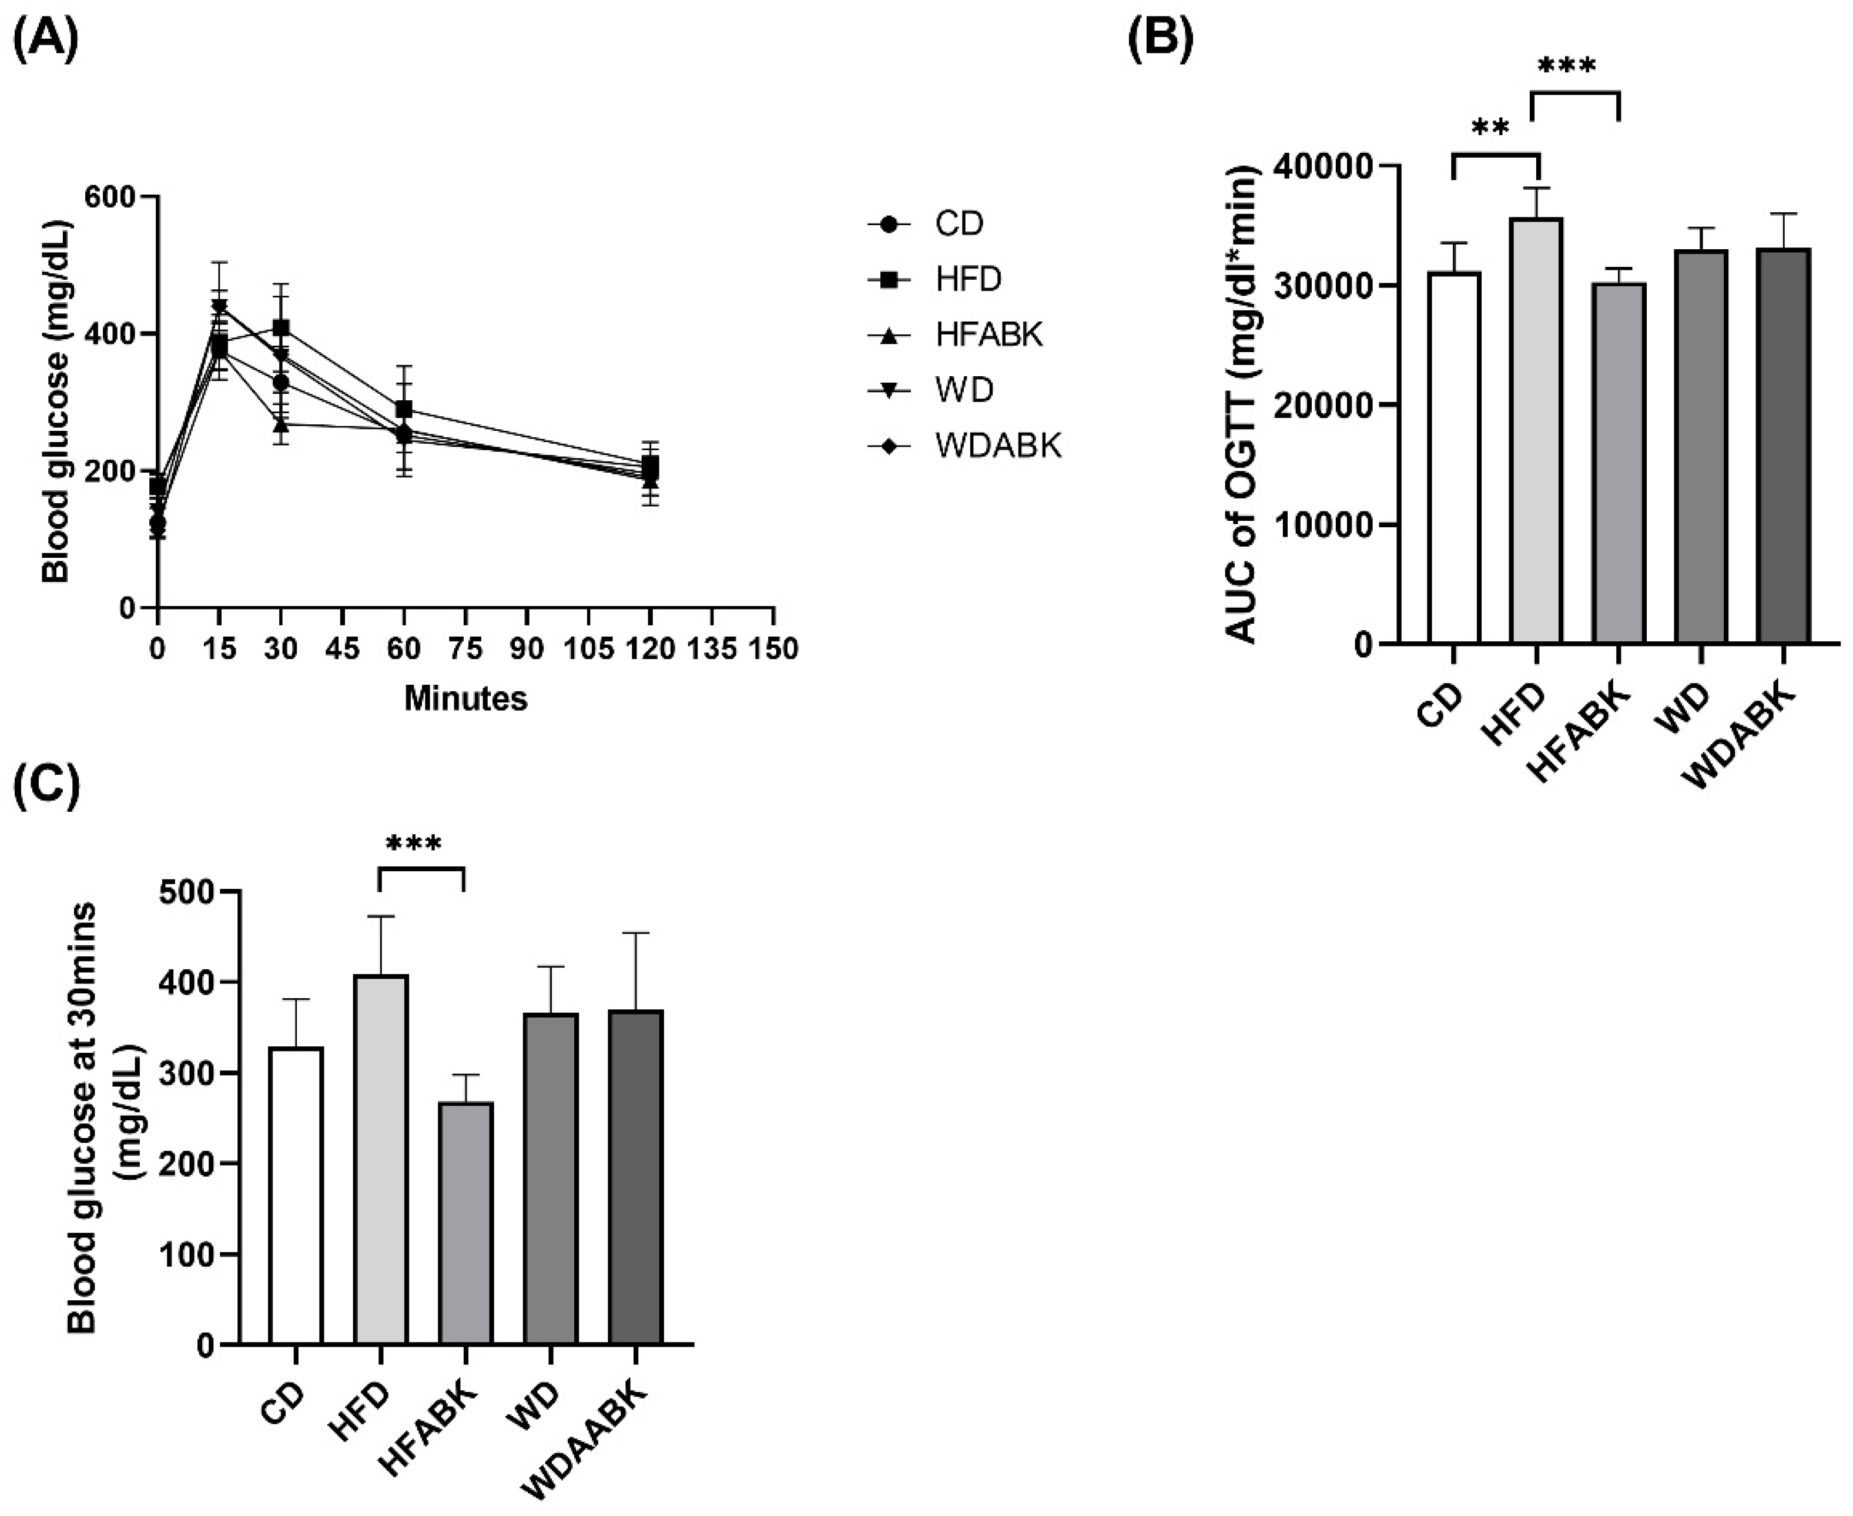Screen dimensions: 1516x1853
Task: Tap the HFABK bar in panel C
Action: click(x=466, y=1223)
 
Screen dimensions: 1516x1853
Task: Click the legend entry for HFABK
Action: click(x=988, y=334)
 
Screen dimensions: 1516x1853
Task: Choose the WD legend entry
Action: click(x=963, y=390)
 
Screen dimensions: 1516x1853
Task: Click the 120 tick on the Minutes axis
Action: click(x=649, y=649)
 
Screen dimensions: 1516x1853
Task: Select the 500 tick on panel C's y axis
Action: click(x=186, y=892)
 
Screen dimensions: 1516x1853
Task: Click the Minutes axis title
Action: click(x=465, y=698)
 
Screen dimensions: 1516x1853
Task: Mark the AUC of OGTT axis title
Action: click(x=1242, y=404)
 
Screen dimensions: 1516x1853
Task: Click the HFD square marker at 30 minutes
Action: click(x=281, y=327)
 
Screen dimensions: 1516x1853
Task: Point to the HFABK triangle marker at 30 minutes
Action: click(x=281, y=424)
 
